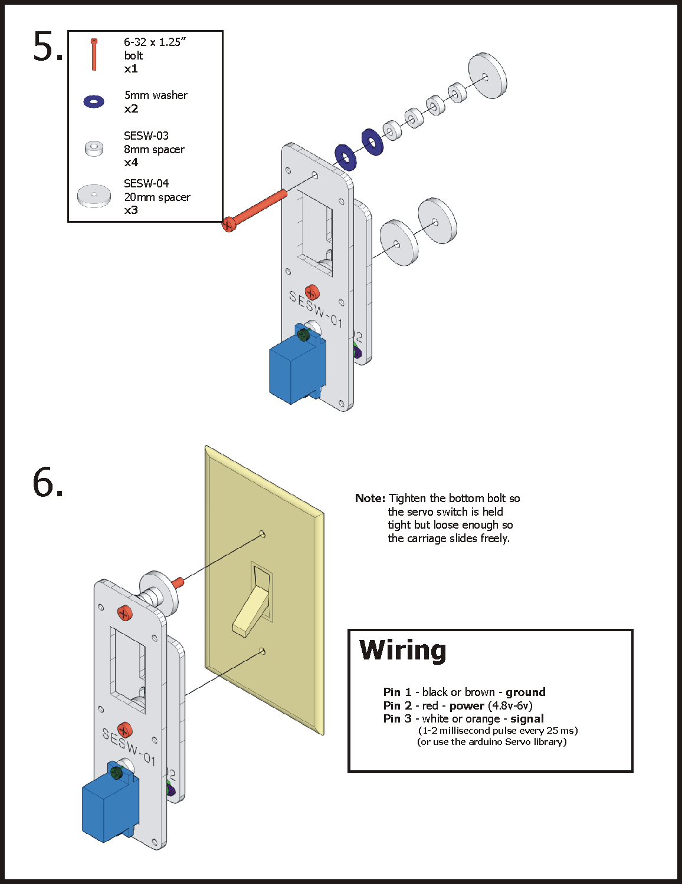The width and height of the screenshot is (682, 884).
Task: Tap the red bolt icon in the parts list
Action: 94,54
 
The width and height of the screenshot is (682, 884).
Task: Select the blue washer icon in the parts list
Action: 94,101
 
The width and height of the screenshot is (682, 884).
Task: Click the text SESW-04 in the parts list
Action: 146,183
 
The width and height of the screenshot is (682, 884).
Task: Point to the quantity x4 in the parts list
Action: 131,162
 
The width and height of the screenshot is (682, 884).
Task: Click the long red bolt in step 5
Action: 257,208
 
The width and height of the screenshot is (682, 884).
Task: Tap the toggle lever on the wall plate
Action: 253,610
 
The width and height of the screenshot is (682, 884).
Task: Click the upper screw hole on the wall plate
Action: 263,534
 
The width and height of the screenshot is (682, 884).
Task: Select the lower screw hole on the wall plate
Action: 263,651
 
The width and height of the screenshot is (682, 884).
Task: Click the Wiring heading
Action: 403,651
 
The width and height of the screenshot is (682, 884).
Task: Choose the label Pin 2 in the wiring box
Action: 397,705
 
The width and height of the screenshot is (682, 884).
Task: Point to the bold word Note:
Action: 370,498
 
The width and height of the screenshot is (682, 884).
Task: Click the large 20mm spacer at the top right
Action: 487,75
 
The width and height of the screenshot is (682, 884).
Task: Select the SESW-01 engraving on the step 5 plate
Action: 315,309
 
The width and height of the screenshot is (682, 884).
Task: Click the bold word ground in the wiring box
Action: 525,692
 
